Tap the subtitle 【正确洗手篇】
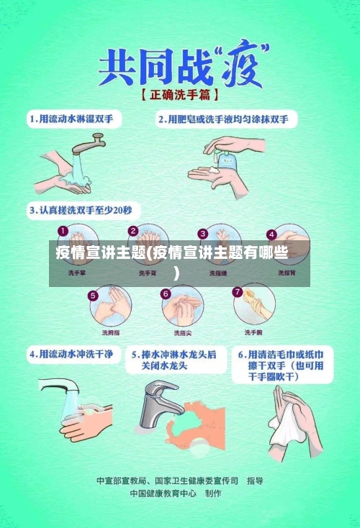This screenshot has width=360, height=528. pos(180,95)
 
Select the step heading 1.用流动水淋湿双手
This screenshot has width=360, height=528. pos(75,118)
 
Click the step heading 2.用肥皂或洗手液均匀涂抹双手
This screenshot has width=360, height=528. pos(228,118)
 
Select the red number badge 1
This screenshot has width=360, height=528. pos(63,232)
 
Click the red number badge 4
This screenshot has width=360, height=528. pos(271,234)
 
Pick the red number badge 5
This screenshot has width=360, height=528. pos(93,295)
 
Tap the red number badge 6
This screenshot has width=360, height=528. pos(166,293)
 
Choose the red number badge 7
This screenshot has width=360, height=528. pos(238,292)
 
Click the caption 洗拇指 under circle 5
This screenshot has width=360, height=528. pos(111,332)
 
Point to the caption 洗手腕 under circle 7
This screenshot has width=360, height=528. pos(253,332)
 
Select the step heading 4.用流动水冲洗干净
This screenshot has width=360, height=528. pos(71,355)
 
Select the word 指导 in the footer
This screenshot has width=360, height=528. pos(255,480)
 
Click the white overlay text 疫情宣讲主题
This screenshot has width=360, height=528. pos(100,252)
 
